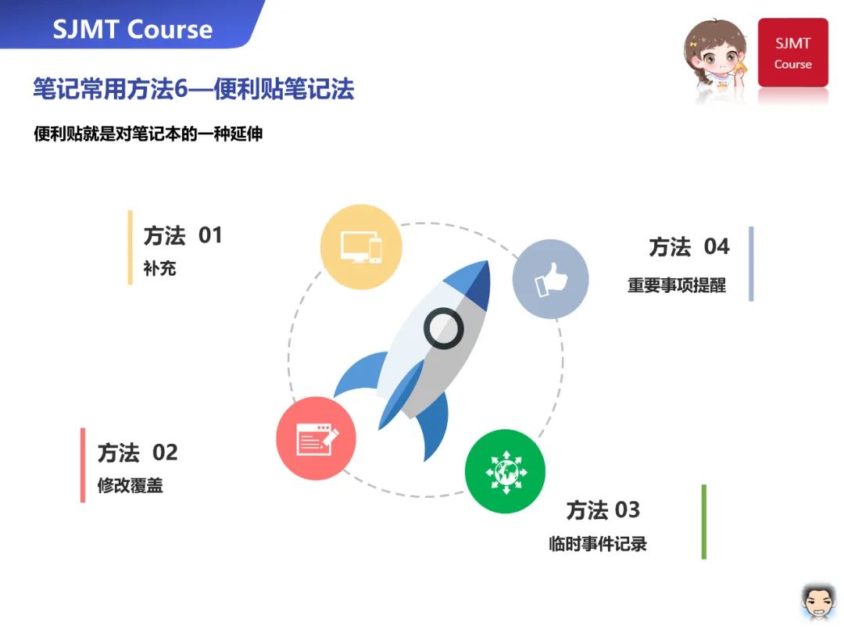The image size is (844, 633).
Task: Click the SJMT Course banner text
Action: click(132, 29)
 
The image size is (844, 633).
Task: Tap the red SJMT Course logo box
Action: click(793, 52)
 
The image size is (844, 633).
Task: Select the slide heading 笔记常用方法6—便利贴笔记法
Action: click(194, 89)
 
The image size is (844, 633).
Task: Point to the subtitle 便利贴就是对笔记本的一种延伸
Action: click(148, 134)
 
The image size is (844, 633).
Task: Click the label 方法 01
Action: click(183, 236)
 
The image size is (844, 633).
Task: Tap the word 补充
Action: click(159, 268)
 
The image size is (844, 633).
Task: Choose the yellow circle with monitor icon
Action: click(360, 247)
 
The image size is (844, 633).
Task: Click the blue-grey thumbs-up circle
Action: click(550, 279)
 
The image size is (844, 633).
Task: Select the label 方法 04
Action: click(689, 246)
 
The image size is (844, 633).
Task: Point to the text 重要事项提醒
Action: click(677, 284)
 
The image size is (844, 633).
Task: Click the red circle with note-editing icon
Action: click(316, 438)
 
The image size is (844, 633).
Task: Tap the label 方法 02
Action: click(138, 452)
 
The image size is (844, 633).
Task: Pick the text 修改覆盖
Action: click(131, 485)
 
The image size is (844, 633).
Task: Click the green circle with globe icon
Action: click(505, 471)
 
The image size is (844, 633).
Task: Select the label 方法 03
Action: click(603, 510)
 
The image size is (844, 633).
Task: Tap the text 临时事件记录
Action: click(598, 544)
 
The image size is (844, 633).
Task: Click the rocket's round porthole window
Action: click(444, 327)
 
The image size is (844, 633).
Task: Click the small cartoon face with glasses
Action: click(818, 602)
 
